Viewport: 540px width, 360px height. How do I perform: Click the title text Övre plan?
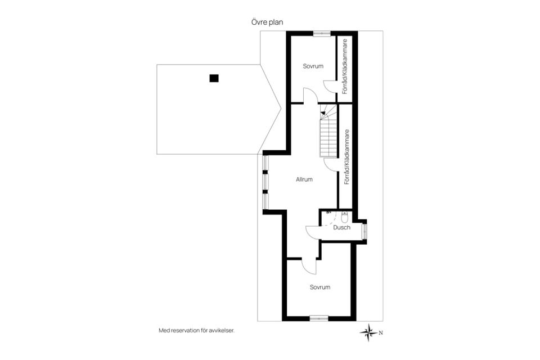coord(267,22)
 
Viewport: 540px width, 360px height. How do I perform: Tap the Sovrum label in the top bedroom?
coord(313,66)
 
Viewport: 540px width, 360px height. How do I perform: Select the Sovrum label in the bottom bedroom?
coord(319,287)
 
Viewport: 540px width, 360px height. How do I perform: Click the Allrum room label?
coord(304,179)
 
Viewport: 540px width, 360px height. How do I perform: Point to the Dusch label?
coord(341,228)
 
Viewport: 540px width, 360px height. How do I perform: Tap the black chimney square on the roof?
coord(214,79)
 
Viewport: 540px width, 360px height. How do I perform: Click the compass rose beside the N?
coord(369,332)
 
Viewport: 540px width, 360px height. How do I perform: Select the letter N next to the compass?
coord(381,332)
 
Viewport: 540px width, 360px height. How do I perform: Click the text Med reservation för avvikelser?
coord(196,331)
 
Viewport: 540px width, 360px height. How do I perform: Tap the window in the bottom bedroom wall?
coord(319,318)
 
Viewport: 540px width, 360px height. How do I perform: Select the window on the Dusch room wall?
coord(364,231)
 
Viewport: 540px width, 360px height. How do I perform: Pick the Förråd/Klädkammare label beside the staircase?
coord(347,157)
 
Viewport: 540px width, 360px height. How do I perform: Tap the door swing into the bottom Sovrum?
coord(308,265)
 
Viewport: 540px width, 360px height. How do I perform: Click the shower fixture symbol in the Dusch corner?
coord(328,213)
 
